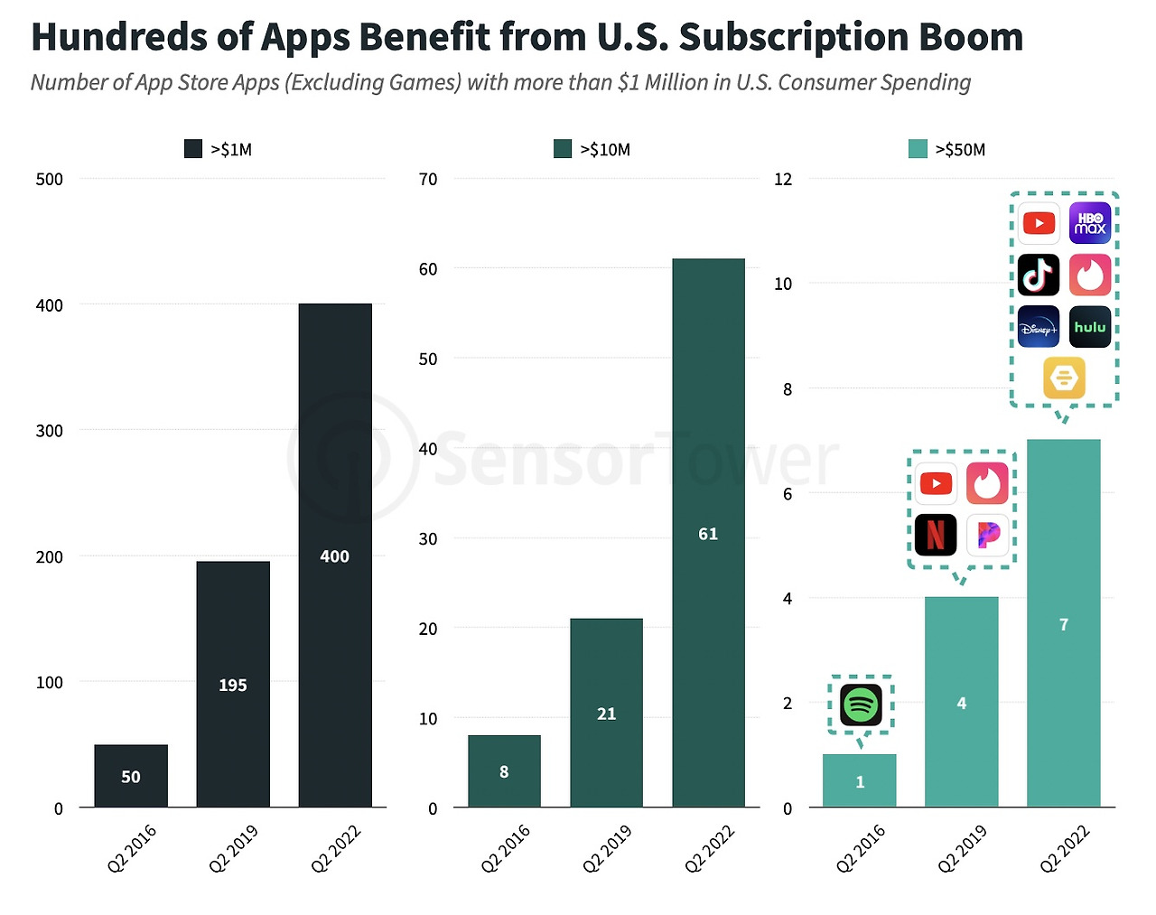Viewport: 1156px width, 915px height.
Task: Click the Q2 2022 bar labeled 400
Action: pyautogui.click(x=335, y=556)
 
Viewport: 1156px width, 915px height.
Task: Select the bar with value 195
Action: pyautogui.click(x=233, y=684)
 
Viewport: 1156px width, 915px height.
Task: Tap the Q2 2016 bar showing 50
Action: pyautogui.click(x=131, y=776)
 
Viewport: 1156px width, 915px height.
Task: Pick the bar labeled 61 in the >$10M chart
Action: pyautogui.click(x=708, y=533)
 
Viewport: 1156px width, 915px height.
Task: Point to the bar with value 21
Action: pyautogui.click(x=606, y=713)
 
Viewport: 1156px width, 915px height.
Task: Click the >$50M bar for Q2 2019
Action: pyautogui.click(x=961, y=702)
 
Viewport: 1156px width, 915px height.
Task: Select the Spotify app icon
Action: pyautogui.click(x=861, y=705)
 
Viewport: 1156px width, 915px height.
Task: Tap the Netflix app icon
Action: pyautogui.click(x=936, y=535)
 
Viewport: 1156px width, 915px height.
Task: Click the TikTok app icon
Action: pyautogui.click(x=1039, y=275)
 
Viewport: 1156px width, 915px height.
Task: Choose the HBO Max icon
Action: pyautogui.click(x=1090, y=223)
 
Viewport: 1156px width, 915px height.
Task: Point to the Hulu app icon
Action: pyautogui.click(x=1090, y=327)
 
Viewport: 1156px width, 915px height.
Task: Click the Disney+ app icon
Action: pyautogui.click(x=1039, y=327)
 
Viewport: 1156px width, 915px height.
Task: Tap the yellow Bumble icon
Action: pyautogui.click(x=1064, y=378)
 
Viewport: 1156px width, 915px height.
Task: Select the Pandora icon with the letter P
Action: pyautogui.click(x=987, y=535)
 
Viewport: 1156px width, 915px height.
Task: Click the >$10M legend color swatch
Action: pyautogui.click(x=563, y=149)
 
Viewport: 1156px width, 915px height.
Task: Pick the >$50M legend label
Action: pyautogui.click(x=960, y=149)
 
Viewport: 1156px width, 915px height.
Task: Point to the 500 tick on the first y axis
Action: pyautogui.click(x=50, y=179)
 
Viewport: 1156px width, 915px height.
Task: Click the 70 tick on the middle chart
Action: pyautogui.click(x=428, y=179)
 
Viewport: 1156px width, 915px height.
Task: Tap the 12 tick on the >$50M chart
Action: pyautogui.click(x=783, y=179)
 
